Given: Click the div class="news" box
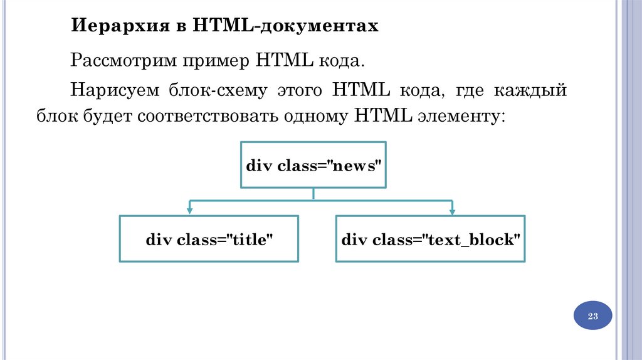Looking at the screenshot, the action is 313,165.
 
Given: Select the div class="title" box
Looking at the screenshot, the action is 209,238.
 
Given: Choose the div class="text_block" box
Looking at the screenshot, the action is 431,238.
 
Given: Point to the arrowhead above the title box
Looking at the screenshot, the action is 189,209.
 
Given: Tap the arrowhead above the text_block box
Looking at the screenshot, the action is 451,209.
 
